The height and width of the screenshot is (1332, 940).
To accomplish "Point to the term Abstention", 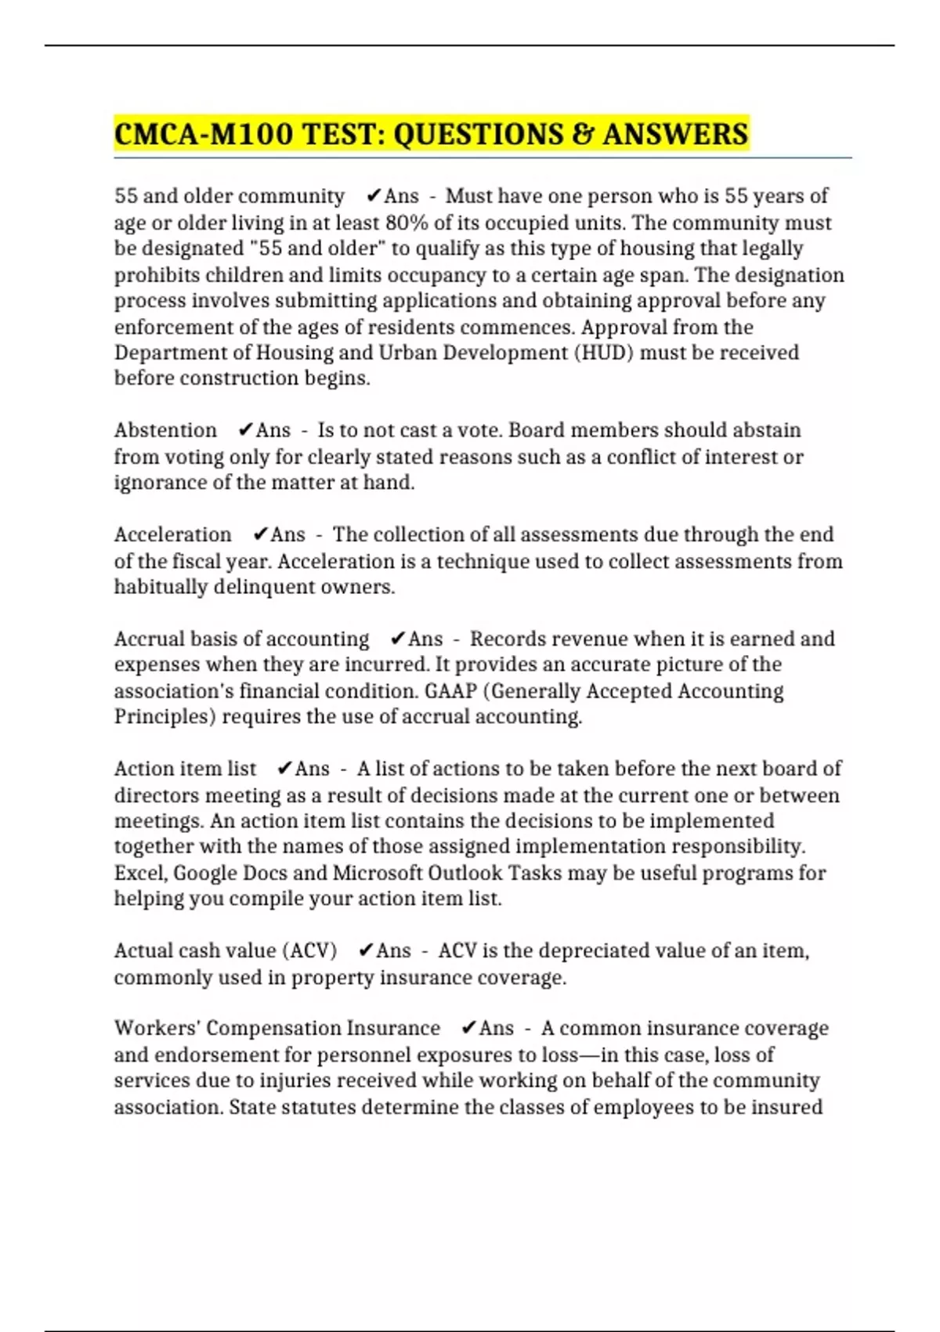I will point(165,430).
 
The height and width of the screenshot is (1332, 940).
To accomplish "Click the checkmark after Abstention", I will point(245,430).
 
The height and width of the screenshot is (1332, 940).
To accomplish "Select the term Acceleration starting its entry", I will point(172,534).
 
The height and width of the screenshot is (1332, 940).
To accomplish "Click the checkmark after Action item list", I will point(285,769).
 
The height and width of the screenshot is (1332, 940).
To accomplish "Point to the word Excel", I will point(139,873).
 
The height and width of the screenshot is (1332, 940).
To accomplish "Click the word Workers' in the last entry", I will point(157,1028).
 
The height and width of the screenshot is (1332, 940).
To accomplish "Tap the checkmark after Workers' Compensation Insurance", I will point(468,1028).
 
